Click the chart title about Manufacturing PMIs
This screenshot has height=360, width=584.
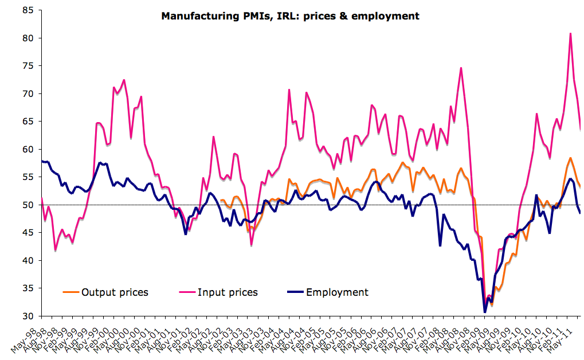coord(290,16)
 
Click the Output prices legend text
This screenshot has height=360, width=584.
coord(115,292)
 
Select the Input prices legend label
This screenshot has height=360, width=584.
coord(228,292)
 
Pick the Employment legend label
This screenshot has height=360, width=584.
coord(337,292)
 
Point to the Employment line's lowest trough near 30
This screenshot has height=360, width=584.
coord(485,312)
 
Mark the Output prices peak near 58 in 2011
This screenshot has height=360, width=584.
coord(570,158)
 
